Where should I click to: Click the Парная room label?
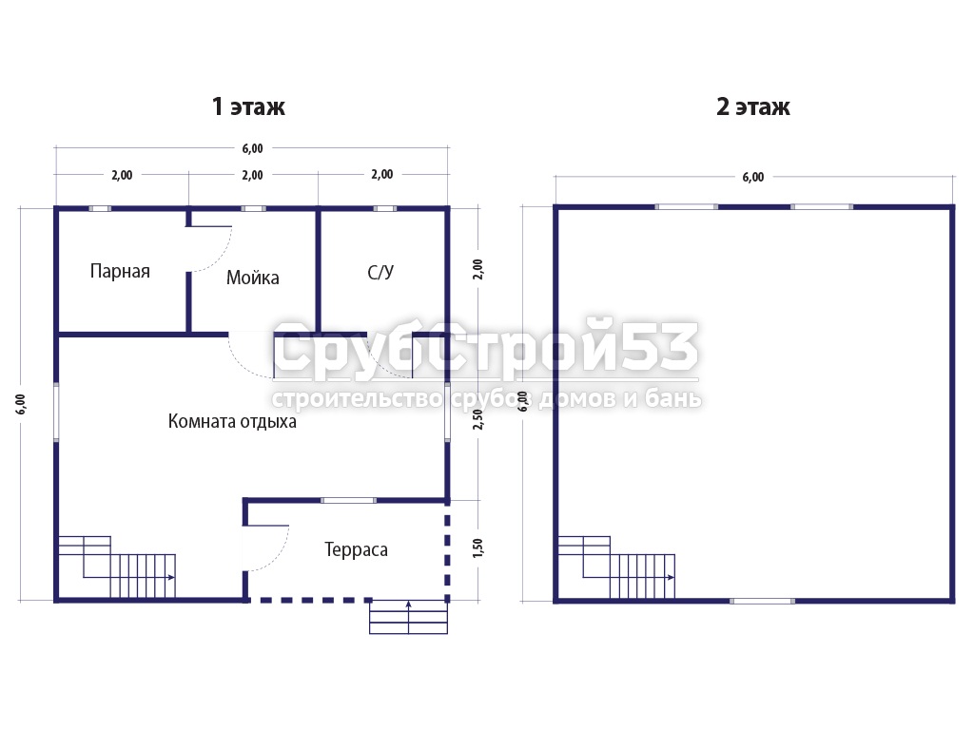[120, 271]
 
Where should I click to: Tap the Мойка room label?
[252, 278]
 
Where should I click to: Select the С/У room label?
[380, 272]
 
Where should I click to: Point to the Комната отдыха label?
[232, 421]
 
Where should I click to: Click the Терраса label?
[356, 549]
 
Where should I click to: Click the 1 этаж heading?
[248, 106]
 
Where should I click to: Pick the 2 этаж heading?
[753, 106]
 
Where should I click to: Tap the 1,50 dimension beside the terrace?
[477, 547]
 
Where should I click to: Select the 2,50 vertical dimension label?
[477, 419]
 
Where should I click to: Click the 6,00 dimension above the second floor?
[753, 177]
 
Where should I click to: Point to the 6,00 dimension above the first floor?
[252, 148]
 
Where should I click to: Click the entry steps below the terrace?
[408, 617]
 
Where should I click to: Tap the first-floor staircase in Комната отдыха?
[117, 567]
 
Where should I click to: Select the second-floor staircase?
[616, 567]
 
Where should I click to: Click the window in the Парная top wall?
[99, 208]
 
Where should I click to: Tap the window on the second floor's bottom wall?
[762, 601]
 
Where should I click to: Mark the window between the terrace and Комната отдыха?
[348, 500]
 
